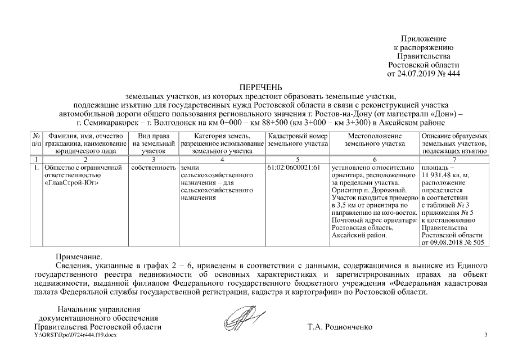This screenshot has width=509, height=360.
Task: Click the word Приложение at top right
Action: [423, 39]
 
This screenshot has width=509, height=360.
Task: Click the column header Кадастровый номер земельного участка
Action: [298, 140]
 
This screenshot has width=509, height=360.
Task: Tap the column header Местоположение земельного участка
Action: [374, 140]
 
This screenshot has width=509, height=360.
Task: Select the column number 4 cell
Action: [222, 160]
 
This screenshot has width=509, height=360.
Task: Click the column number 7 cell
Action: [453, 160]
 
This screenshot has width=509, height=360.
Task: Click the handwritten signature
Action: [242, 318]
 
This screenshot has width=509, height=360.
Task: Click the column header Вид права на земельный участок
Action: [152, 144]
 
